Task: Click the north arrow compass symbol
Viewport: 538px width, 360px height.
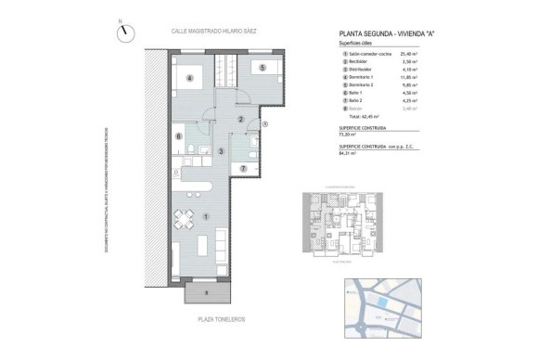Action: click(x=123, y=31)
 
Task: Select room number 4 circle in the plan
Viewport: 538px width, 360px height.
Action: click(x=189, y=79)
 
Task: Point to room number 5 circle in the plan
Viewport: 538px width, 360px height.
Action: click(x=263, y=68)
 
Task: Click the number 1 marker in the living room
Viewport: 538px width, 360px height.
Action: click(x=205, y=217)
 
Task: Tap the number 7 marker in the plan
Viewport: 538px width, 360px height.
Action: click(x=242, y=169)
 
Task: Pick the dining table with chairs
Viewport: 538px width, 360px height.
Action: click(x=182, y=221)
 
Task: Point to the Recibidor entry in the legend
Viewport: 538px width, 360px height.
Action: click(x=356, y=61)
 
